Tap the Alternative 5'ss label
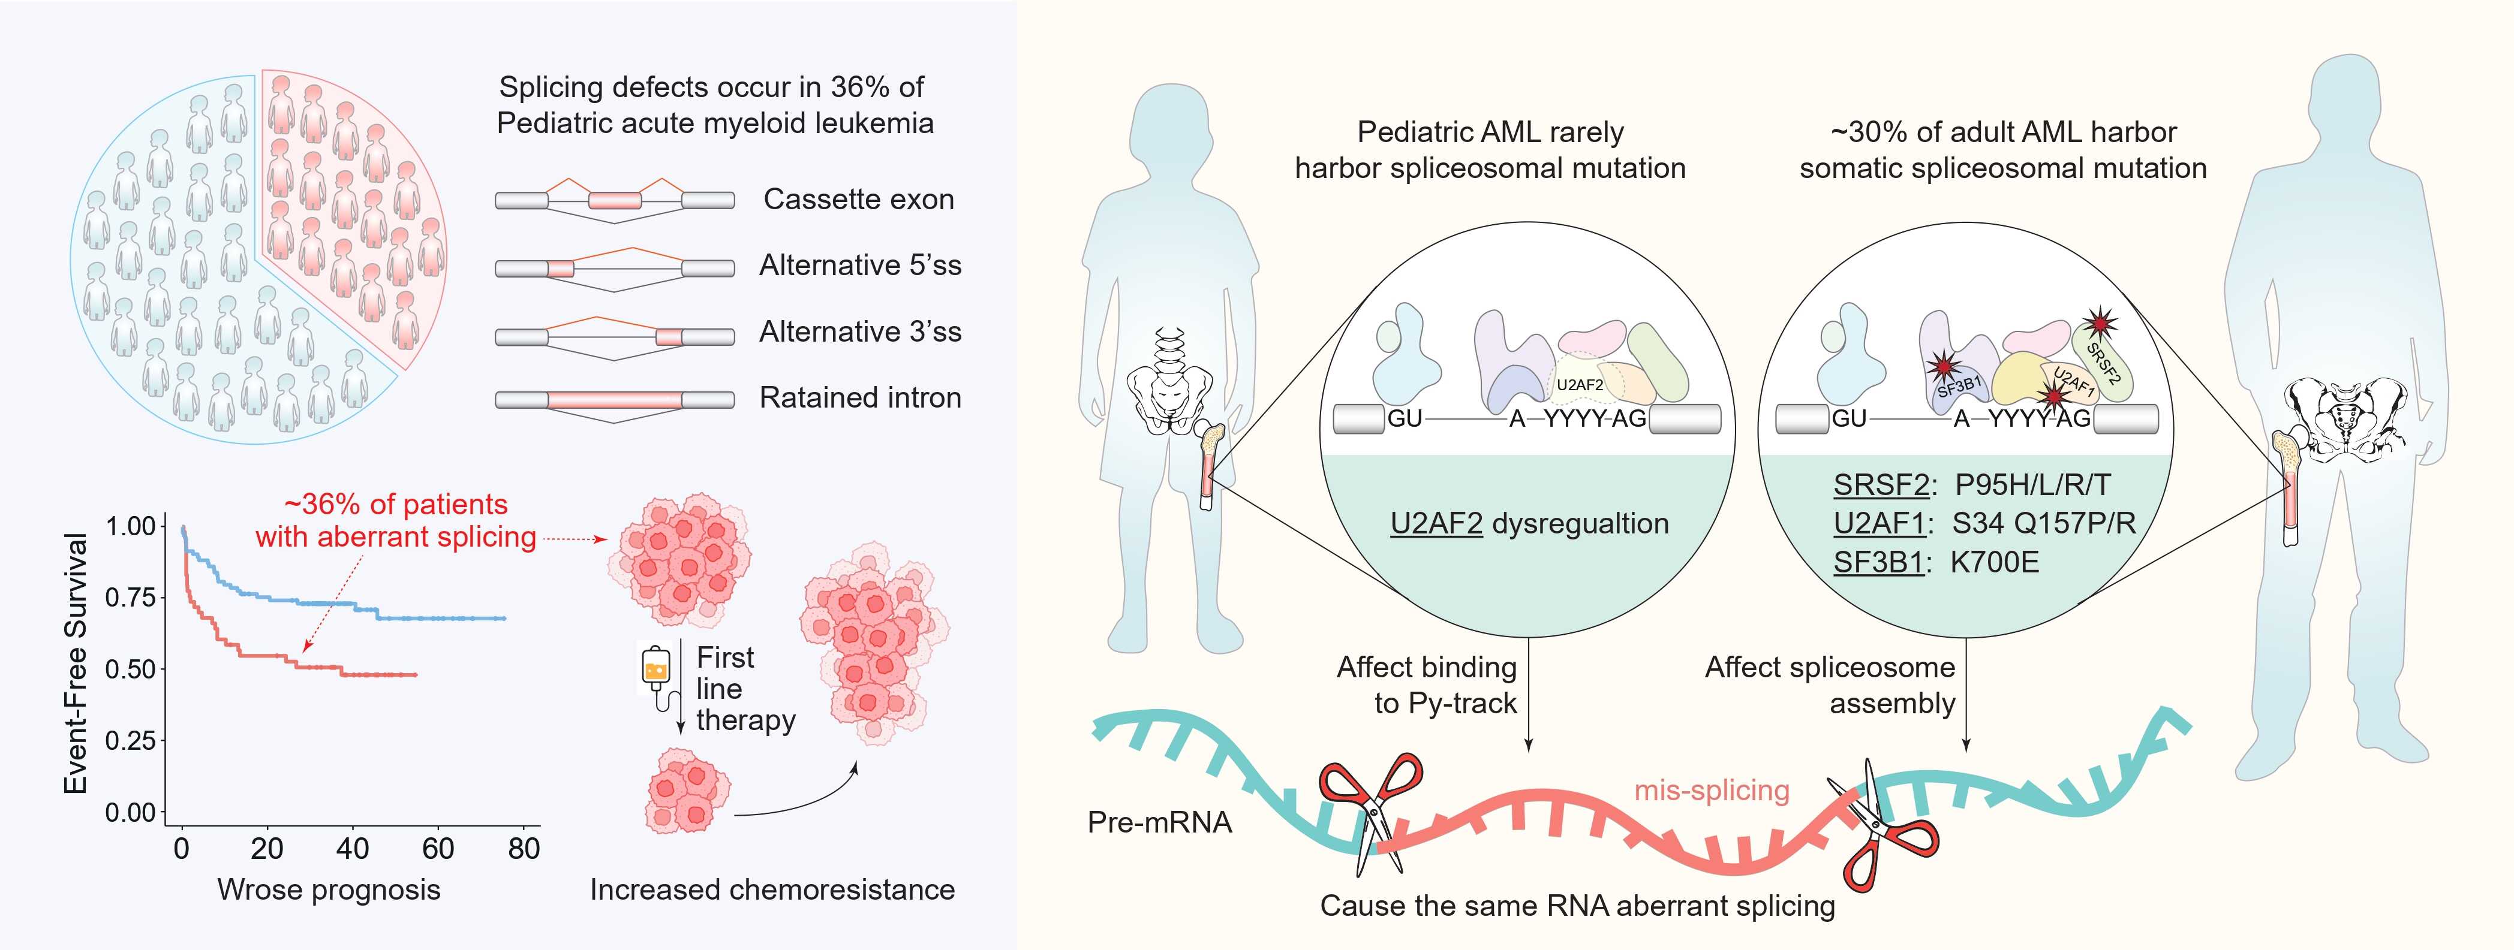pyautogui.click(x=860, y=266)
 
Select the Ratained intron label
pyautogui.click(x=860, y=398)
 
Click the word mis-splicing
pyautogui.click(x=1712, y=790)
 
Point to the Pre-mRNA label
pyautogui.click(x=1159, y=822)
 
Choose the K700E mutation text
pyautogui.click(x=1994, y=563)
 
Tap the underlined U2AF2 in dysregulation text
pyautogui.click(x=1436, y=524)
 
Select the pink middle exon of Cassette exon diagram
pyautogui.click(x=615, y=200)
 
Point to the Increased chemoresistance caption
pyautogui.click(x=772, y=889)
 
